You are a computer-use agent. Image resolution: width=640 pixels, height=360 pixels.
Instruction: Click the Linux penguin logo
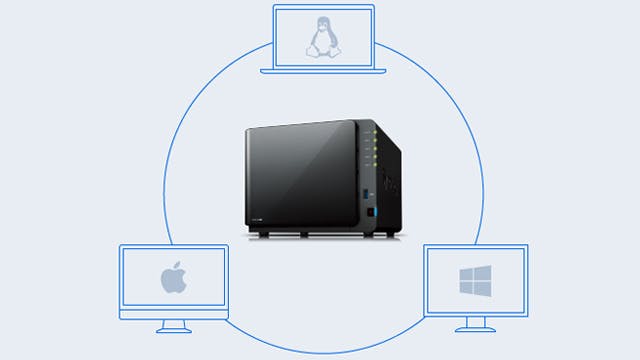pyautogui.click(x=323, y=39)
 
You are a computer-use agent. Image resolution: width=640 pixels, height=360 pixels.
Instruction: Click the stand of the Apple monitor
pyautogui.click(x=174, y=324)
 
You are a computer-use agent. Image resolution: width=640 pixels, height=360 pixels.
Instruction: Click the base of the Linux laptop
pyautogui.click(x=323, y=70)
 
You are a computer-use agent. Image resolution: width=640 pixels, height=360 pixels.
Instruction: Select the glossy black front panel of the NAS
pyautogui.click(x=300, y=175)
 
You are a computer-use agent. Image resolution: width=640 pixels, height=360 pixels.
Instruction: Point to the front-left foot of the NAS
pyautogui.click(x=263, y=235)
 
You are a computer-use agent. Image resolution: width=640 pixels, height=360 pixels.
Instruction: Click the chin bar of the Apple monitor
pyautogui.click(x=174, y=313)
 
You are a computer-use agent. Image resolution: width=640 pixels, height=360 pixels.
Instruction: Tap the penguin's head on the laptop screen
pyautogui.click(x=323, y=27)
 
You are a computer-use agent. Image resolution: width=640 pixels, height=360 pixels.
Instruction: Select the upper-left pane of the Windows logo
pyautogui.click(x=467, y=273)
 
